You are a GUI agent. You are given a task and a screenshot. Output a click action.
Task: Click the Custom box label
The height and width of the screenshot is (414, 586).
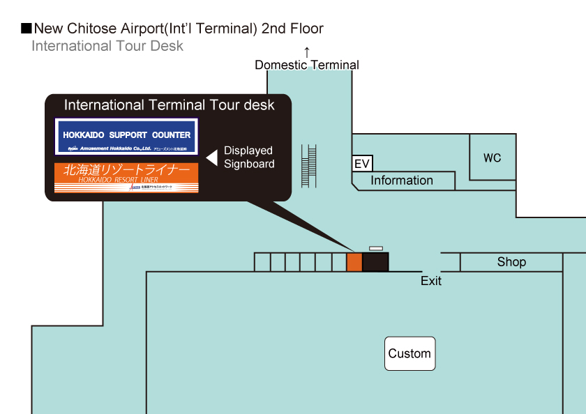tap(410, 353)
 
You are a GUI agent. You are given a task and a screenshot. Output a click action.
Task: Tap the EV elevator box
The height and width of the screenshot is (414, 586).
tap(361, 164)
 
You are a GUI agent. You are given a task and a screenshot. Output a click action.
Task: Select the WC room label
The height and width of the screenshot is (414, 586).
tap(492, 158)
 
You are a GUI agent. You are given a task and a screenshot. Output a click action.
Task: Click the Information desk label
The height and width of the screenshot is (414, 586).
tap(402, 181)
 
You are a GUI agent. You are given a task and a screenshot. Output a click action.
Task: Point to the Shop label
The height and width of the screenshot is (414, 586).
tap(511, 262)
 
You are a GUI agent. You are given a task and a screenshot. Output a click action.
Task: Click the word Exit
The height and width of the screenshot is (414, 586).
tap(431, 281)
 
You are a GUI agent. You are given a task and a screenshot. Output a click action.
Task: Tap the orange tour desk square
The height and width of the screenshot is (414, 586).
tap(354, 262)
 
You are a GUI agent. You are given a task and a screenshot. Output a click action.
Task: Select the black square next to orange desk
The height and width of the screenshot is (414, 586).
tap(375, 262)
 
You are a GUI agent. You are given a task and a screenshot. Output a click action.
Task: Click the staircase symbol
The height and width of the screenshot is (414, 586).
tap(308, 165)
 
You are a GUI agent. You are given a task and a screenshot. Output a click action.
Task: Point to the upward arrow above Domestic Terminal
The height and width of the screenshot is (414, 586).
tap(306, 52)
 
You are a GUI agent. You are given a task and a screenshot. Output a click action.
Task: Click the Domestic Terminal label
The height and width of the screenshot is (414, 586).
tap(307, 65)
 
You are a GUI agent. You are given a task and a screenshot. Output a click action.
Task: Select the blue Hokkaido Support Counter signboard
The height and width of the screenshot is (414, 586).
tap(126, 136)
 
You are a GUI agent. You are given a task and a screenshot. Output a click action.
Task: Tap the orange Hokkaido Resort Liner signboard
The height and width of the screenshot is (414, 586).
tap(126, 178)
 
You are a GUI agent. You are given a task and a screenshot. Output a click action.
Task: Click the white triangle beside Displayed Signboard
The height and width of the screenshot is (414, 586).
tap(211, 157)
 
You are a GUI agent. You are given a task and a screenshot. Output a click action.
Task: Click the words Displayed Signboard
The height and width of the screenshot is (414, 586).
tap(248, 157)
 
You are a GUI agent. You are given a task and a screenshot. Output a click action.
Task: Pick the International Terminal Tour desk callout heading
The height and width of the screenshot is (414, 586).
tap(170, 105)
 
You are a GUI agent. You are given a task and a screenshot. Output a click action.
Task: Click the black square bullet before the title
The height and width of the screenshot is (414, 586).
tap(27, 29)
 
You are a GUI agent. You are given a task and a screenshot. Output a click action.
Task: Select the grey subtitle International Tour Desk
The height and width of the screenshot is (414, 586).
tap(107, 46)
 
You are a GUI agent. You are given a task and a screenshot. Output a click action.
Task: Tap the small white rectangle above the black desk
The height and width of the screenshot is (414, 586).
tap(376, 248)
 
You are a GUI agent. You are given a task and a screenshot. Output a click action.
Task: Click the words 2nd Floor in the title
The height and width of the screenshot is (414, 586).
tap(292, 29)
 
